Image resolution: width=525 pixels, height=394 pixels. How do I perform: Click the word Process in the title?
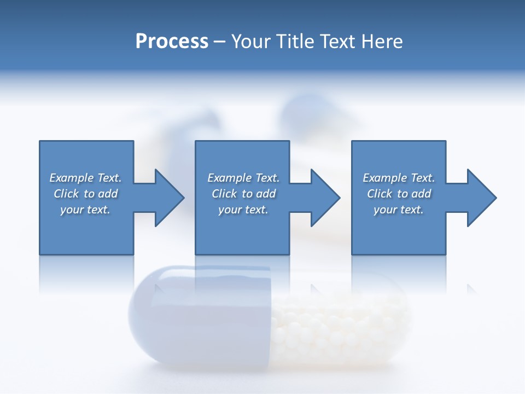coord(172,42)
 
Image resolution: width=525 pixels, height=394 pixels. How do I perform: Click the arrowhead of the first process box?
coord(168,198)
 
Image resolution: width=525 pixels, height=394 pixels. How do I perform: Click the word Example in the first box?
coord(71,178)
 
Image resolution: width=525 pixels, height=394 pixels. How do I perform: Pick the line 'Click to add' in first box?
coord(86,194)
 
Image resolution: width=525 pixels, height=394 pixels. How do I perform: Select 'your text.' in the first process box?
coord(85,210)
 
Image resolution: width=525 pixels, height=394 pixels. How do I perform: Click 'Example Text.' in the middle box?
coord(243,178)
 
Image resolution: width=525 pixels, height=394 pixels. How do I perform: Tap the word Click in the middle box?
coord(224,194)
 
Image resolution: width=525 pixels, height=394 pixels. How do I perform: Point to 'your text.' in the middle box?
coord(243,210)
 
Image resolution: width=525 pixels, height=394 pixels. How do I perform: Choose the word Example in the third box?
coord(384,178)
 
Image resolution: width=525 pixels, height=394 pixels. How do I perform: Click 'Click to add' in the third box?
coord(399,194)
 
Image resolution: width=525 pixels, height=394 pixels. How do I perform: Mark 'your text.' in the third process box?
coord(399,210)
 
